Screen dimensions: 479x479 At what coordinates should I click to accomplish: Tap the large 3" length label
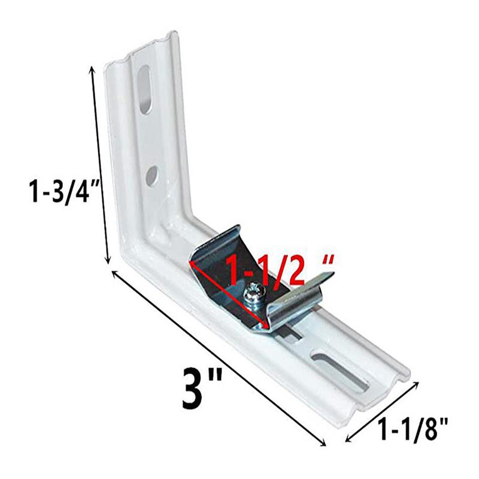[201, 389]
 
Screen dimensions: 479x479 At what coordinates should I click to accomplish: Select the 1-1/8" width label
[413, 429]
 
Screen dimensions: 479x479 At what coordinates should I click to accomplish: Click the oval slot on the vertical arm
[145, 90]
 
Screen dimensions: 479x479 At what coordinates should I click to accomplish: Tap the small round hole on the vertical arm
[151, 175]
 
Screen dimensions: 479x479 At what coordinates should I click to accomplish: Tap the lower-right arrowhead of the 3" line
[325, 444]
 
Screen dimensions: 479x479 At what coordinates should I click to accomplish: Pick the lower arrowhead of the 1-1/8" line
[348, 442]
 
